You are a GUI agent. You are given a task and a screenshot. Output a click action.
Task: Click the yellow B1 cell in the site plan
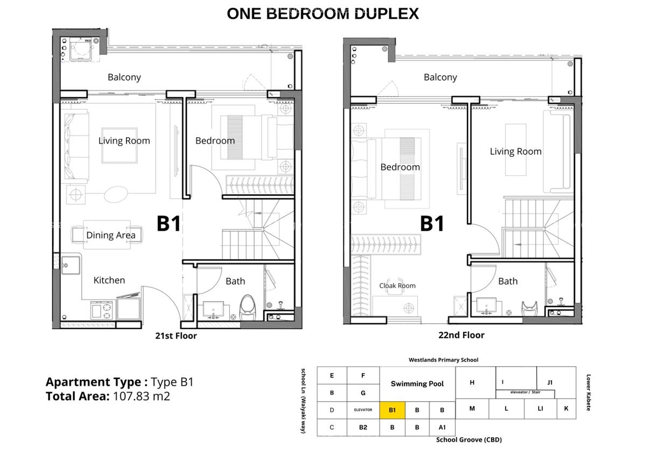point(392,410)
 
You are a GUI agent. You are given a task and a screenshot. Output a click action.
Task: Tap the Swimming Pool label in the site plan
point(417,384)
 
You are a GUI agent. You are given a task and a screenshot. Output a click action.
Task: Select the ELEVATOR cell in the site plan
point(363,410)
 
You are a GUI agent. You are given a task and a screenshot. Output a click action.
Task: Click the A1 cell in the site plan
point(442,427)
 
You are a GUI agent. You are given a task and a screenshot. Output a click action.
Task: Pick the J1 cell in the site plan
point(550,382)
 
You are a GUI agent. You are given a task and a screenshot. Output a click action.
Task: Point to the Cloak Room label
point(397,286)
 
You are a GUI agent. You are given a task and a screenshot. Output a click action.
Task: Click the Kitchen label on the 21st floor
point(109,280)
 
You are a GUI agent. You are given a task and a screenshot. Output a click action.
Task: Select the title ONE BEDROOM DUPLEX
point(322,13)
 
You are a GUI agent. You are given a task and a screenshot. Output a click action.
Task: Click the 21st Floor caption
point(175,336)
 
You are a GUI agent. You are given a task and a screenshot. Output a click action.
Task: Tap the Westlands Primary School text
point(443,360)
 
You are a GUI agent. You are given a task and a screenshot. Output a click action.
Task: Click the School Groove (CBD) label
point(468,439)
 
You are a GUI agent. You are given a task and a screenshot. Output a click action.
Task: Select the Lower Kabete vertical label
point(588,393)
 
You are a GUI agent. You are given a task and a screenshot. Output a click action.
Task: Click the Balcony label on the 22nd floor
point(440,77)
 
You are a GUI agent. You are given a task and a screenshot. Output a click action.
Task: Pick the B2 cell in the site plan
point(363,427)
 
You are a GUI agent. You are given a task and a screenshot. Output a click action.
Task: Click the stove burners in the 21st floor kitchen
point(103,309)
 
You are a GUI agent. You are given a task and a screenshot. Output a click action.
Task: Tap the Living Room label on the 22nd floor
point(515,152)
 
